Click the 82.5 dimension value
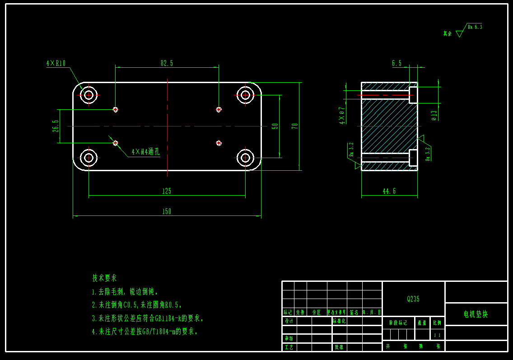pyautogui.click(x=167, y=63)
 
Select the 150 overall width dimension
pyautogui.click(x=167, y=211)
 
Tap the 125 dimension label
pyautogui.click(x=167, y=191)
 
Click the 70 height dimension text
pyautogui.click(x=295, y=126)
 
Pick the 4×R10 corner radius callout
pyautogui.click(x=56, y=64)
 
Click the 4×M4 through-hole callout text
pyautogui.click(x=145, y=152)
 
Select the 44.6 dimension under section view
pyautogui.click(x=389, y=191)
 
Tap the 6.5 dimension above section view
pyautogui.click(x=396, y=63)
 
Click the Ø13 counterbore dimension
pyautogui.click(x=434, y=115)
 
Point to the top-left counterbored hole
pyautogui.click(x=89, y=95)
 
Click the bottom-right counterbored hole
pyautogui.click(x=245, y=158)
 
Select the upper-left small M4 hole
pyautogui.click(x=115, y=109)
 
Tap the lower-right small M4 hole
pyautogui.click(x=219, y=143)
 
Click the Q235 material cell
pyautogui.click(x=413, y=299)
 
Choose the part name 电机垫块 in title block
pyautogui.click(x=476, y=314)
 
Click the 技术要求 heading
pyautogui.click(x=104, y=278)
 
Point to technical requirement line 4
pyautogui.click(x=145, y=332)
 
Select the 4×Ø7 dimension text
pyautogui.click(x=342, y=115)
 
